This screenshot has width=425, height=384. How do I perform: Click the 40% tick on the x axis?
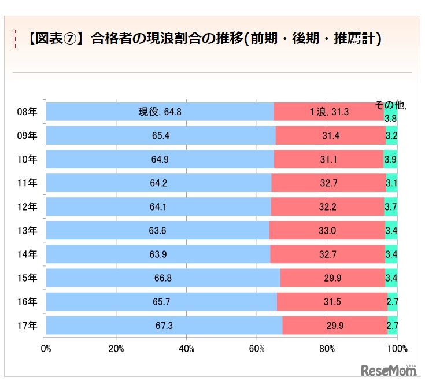186,349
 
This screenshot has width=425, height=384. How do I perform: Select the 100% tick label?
397,349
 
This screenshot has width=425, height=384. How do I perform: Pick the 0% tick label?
46,349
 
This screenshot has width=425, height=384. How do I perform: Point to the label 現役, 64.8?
160,112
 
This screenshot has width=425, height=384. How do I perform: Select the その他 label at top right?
390,106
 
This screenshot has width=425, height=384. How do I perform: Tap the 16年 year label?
27,302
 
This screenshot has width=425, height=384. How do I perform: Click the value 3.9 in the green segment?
390,160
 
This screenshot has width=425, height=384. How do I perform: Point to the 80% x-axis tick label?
327,349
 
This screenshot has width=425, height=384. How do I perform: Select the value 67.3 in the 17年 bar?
164,326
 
